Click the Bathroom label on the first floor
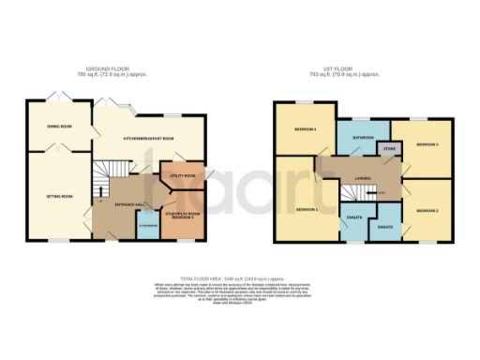pos(363,138)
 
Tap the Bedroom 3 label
pos(427,144)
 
